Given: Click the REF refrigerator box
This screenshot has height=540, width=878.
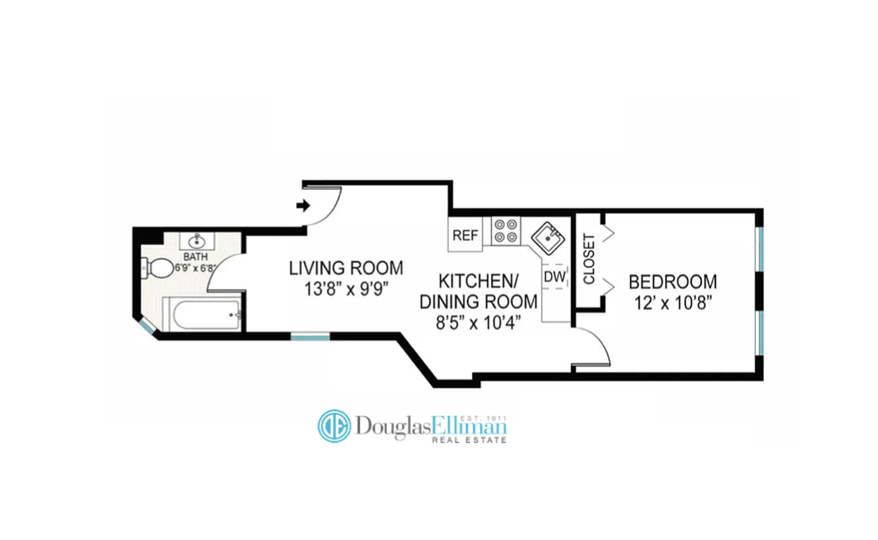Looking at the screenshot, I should pos(465,236).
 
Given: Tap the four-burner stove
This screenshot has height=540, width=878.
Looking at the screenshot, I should pos(506,230).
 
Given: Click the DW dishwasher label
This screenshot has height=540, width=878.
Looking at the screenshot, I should pos(554,276).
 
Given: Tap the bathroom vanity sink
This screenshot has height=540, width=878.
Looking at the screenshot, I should pos(196,240).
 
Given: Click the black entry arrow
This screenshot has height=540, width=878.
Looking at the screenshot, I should pos(303,206).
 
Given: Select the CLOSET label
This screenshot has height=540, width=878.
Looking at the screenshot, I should pos(588,259).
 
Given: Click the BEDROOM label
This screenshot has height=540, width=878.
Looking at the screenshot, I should pos(672,281).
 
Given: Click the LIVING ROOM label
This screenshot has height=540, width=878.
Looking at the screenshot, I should pos(346,268).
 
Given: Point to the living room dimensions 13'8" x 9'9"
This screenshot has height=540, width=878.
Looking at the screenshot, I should pos(346,290).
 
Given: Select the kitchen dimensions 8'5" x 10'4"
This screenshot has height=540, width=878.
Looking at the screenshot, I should pos(478,323).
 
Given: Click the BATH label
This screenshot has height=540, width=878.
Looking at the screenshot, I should pos(196,257).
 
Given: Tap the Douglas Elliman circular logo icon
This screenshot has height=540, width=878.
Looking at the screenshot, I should pos(334,426).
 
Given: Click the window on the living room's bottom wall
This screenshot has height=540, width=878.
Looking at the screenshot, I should pos(310,335).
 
